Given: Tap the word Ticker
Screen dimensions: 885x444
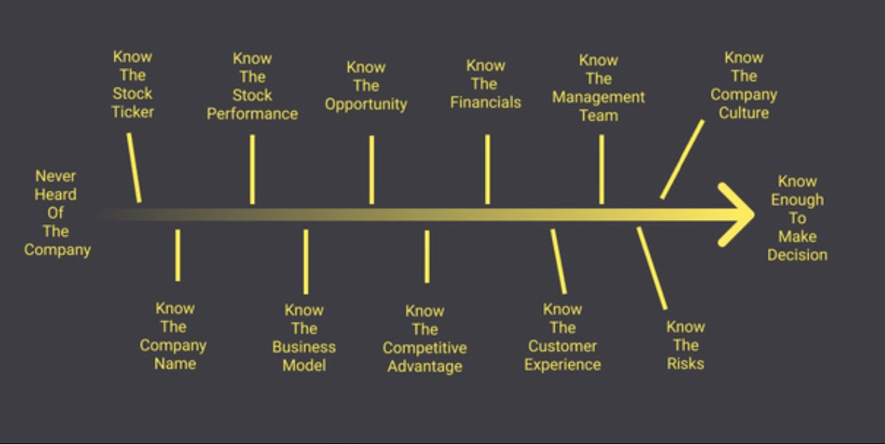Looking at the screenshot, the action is pos(132,112).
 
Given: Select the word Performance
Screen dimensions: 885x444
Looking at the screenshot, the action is pos(252,114).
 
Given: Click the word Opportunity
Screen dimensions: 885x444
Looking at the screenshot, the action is pos(366,105).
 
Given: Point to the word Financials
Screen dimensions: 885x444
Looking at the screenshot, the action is pos(486,102).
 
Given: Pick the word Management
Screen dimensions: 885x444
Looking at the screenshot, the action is pos(598,98).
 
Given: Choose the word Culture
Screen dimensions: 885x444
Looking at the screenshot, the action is pos(744,113).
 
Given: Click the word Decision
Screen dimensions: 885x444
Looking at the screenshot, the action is pos(798,255).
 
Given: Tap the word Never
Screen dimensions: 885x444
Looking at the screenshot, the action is pos(55,176).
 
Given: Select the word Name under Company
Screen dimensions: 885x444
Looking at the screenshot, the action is pos(175,364).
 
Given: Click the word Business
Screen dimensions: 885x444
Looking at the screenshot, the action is pos(304,347).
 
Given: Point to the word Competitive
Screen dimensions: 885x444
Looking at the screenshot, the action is pos(424,348).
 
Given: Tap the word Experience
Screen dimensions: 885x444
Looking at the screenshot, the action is pos(562,365).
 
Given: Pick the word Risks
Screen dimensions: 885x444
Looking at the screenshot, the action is pos(685,364).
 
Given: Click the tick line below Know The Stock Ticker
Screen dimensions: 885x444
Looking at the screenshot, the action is pos(134,168).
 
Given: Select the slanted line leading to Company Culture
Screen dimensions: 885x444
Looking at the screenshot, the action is pos(682,159).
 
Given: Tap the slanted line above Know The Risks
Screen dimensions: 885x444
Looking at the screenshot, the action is pos(652,268).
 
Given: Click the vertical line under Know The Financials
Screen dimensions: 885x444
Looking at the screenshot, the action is pos(488,169).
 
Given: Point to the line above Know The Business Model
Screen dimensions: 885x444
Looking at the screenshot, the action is pos(306,262).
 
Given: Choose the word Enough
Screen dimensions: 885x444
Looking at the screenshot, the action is pos(798,200).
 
